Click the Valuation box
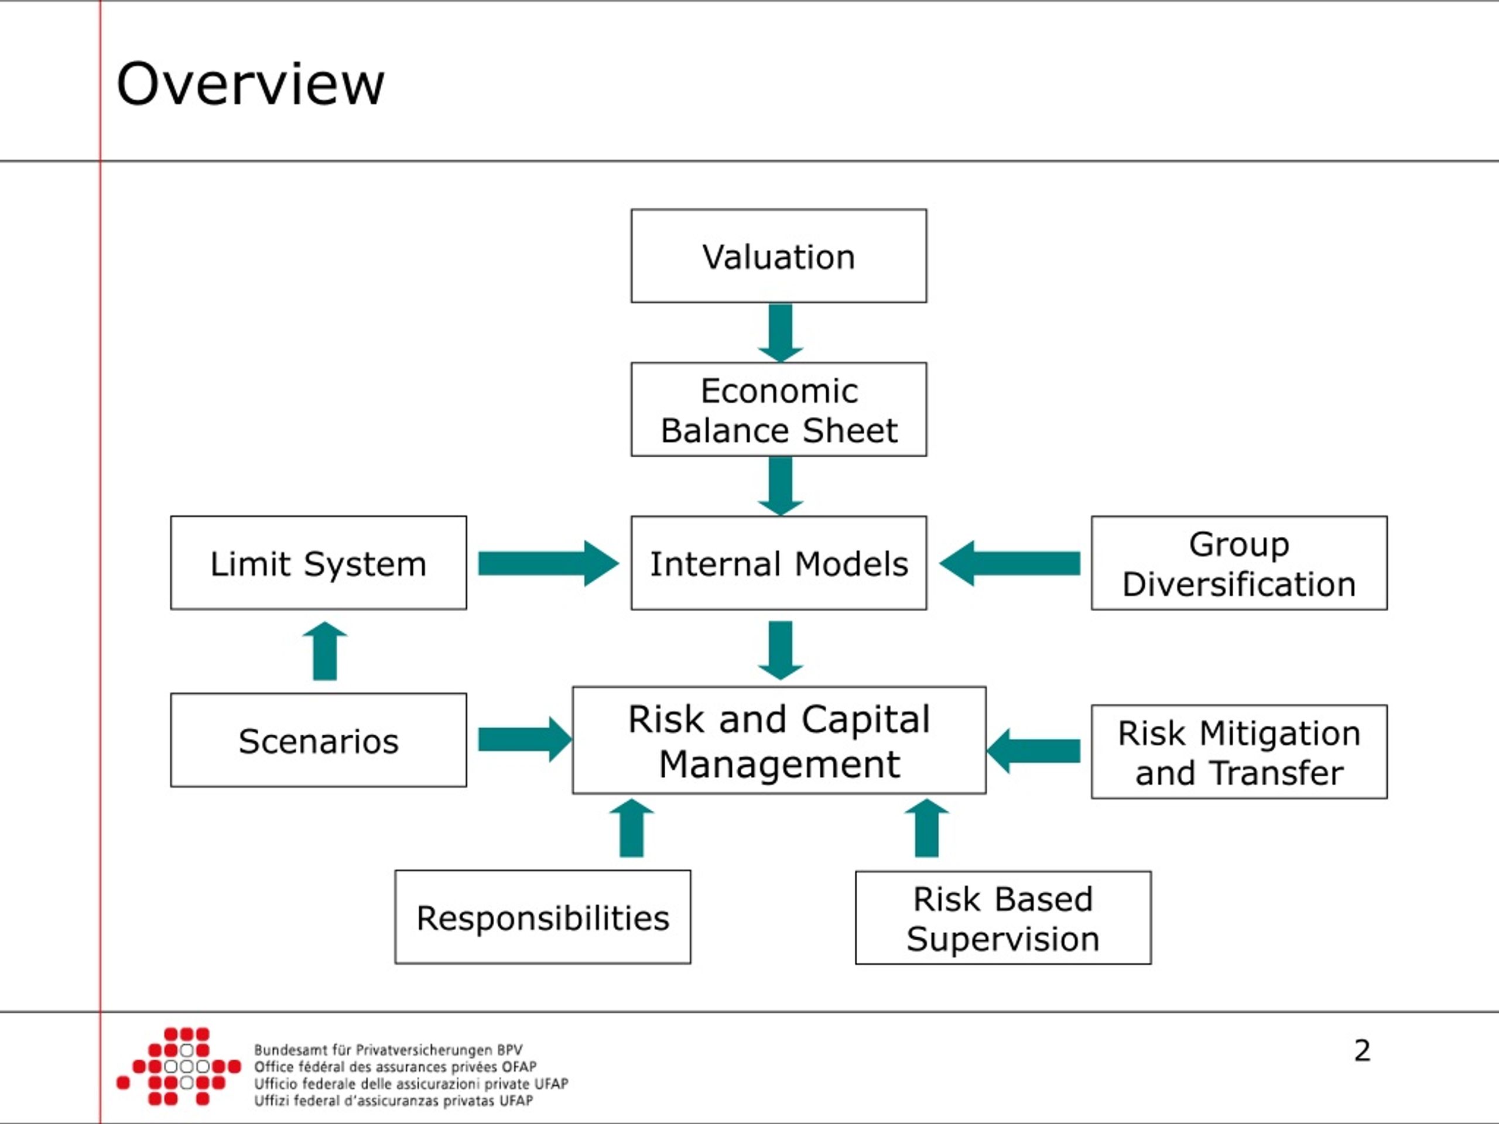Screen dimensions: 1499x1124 point(779,255)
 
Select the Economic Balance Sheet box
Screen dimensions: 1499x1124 point(779,409)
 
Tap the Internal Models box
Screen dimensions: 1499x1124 point(779,563)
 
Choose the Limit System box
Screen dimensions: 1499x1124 point(319,563)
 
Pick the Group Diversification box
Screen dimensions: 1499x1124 point(1239,563)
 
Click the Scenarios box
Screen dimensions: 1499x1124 point(319,740)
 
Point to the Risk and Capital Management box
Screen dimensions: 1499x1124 point(779,740)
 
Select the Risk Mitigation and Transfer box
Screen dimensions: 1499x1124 point(1239,752)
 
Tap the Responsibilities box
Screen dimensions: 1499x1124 point(543,917)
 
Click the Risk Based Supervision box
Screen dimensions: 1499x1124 point(1003,917)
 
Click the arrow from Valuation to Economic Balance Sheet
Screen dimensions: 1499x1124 point(781,333)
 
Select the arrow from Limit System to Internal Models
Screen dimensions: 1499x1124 point(548,563)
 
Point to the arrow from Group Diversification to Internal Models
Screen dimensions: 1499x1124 point(1009,563)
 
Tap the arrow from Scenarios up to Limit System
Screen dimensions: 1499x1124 point(324,651)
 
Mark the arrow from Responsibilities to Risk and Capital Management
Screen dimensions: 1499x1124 point(632,828)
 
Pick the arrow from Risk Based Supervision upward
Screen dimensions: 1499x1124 point(926,828)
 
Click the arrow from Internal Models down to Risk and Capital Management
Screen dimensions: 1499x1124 point(781,650)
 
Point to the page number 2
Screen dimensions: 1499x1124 point(1362,1050)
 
